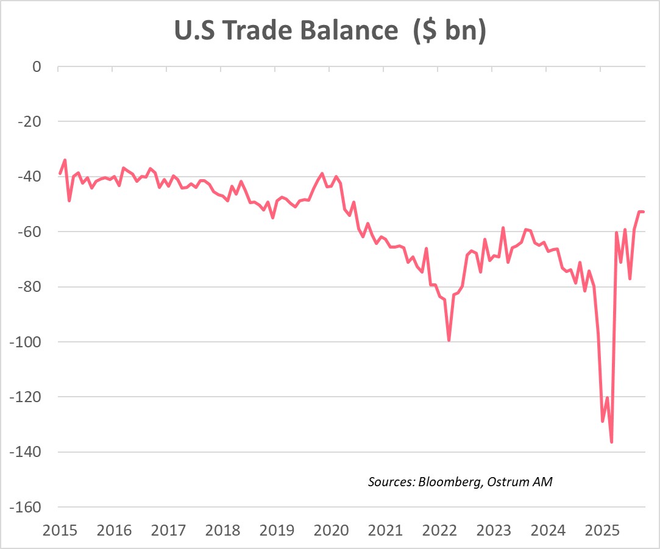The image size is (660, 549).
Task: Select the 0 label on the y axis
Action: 36,66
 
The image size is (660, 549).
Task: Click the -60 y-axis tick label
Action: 28,232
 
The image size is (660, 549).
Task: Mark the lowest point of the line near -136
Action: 611,442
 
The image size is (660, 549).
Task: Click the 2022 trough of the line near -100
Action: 449,340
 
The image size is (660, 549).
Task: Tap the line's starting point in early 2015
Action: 60,174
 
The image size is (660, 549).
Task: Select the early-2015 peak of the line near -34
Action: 65,160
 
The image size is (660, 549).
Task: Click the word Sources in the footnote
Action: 390,482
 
